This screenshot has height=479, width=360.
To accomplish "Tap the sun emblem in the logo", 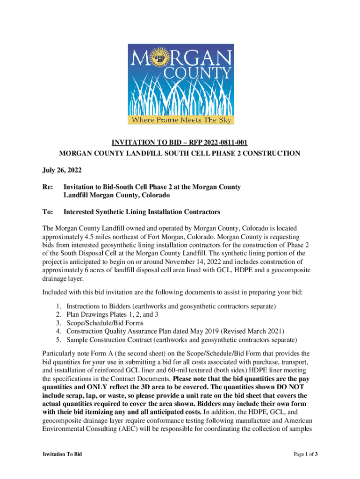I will [x=166, y=59].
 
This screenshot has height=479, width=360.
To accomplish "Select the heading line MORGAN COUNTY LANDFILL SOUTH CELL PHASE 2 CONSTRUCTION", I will [x=180, y=153].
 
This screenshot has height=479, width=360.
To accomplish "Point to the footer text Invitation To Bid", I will [x=62, y=454].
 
